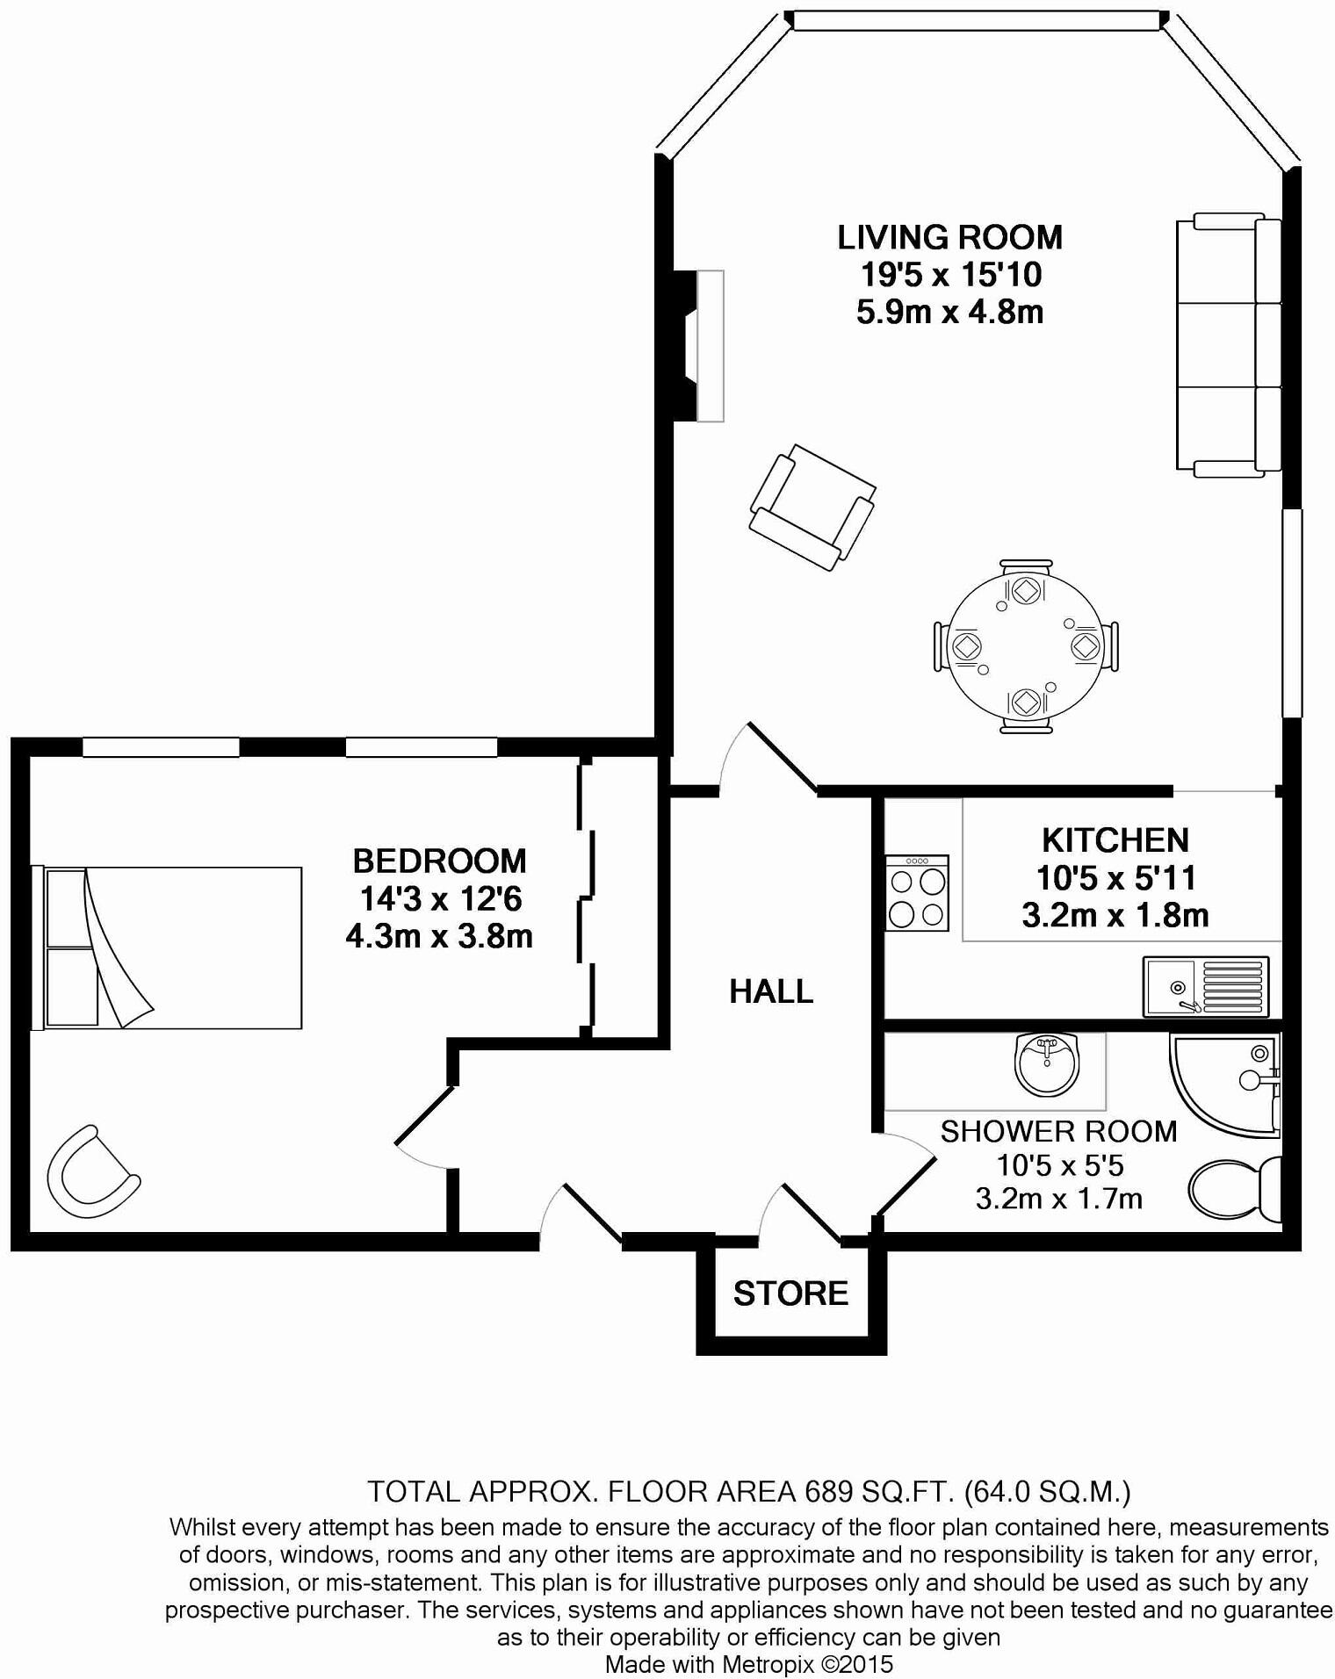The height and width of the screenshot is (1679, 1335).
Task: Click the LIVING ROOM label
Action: click(949, 238)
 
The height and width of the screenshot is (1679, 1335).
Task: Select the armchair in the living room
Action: click(812, 507)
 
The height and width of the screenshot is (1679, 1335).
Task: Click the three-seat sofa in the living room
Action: click(1227, 344)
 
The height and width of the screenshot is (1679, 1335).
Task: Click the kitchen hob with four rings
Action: click(916, 893)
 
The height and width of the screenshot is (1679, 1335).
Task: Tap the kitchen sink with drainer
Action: click(1205, 986)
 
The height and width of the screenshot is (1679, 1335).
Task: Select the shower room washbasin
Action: click(1045, 1063)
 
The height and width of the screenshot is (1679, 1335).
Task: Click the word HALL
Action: click(771, 991)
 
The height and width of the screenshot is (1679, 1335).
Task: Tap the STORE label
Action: click(790, 1293)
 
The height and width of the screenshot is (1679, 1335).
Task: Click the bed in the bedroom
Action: click(167, 947)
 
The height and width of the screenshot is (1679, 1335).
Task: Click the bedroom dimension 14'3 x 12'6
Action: click(440, 898)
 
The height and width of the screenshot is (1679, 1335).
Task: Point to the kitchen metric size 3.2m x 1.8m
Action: click(1115, 915)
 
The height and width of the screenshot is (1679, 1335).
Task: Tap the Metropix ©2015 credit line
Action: click(749, 1663)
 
